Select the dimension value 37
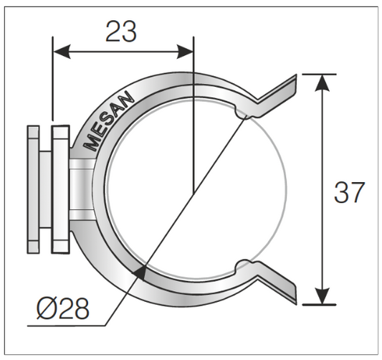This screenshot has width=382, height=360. point(350,192)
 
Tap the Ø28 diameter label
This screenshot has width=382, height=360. point(63,309)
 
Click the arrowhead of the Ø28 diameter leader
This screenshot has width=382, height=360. point(142,270)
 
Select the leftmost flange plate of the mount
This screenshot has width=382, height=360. point(32,189)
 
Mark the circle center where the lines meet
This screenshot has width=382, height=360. point(194,193)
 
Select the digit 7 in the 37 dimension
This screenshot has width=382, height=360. point(358,192)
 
